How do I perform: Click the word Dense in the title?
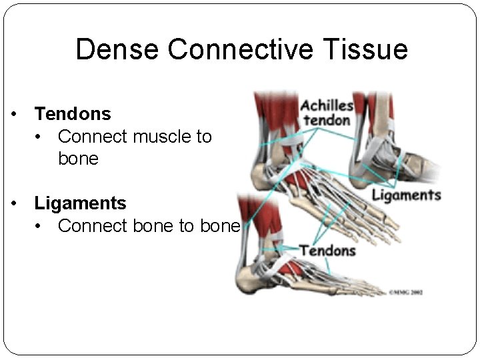click(117, 50)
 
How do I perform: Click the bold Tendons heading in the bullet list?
click(73, 114)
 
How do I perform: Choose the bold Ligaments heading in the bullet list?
click(80, 203)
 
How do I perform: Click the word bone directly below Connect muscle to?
click(78, 159)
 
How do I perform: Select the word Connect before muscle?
click(93, 137)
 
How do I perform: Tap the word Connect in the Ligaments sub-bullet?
click(93, 226)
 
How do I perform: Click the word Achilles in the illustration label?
click(326, 105)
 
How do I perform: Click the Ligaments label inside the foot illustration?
click(406, 195)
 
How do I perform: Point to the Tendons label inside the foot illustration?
click(327, 251)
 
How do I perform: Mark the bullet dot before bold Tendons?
click(13, 115)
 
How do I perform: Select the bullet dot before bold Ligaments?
click(13, 203)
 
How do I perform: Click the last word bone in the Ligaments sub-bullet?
click(219, 226)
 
